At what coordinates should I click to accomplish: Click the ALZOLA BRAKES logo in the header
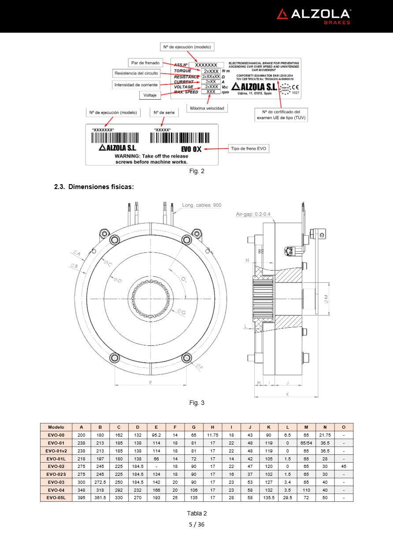pos(314,16)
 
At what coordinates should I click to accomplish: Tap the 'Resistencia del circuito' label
pos(135,73)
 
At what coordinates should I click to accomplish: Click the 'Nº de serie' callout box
pos(164,113)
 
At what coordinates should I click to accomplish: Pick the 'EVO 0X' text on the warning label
pos(191,149)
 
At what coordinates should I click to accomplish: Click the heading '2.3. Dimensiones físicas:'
pos(94,187)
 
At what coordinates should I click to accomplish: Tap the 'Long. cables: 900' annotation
pos(202,205)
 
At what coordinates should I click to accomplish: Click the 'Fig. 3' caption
pos(196,403)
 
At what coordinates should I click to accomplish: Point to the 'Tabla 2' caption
pos(196,513)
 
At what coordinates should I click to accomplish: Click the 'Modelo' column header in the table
pos(56,427)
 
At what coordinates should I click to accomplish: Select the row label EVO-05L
pos(56,498)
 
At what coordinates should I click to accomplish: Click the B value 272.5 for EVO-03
pos(100,482)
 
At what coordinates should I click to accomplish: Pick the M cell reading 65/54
pos(306,442)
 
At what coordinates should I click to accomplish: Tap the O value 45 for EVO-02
pos(344,466)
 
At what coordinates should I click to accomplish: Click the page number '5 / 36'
pos(196,524)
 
